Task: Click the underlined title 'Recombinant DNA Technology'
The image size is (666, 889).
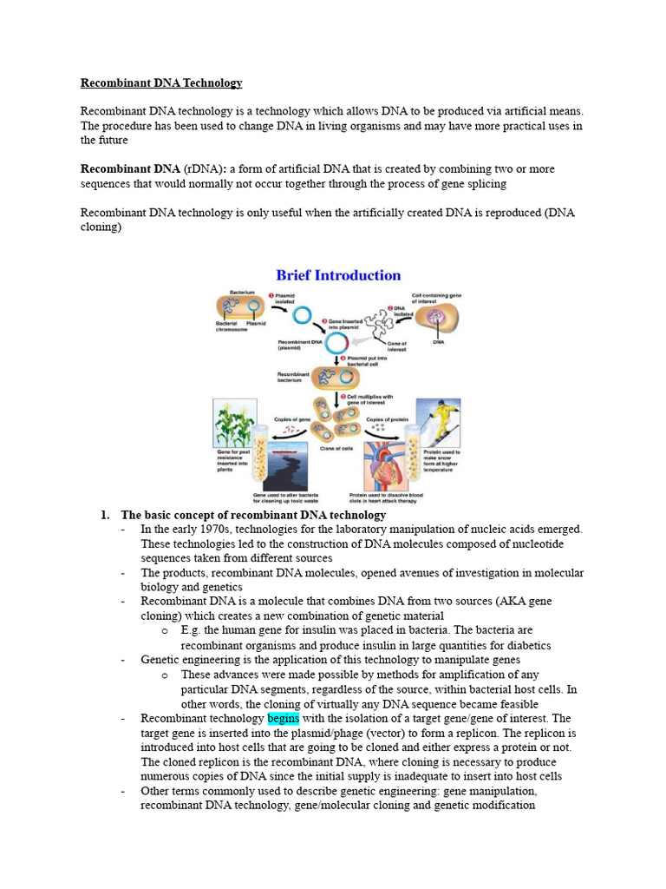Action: pos(161,83)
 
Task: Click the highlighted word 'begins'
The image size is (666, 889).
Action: pos(284,719)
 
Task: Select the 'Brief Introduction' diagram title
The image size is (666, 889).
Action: pos(338,275)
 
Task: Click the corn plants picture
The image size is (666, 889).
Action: pos(232,423)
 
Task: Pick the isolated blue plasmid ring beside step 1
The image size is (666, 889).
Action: pos(303,315)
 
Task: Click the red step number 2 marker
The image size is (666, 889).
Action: pos(390,307)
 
